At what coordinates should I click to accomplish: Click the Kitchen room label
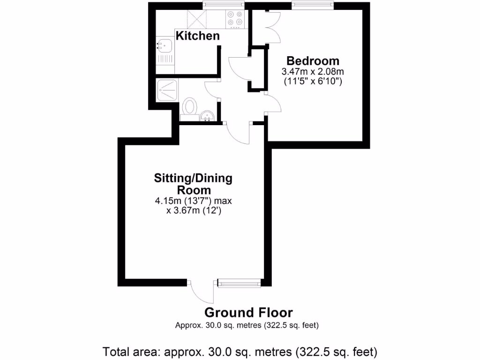[x=197, y=36]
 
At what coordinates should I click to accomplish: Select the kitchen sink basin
[x=165, y=46]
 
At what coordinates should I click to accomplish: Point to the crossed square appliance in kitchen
[x=196, y=19]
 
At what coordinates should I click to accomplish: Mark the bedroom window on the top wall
[x=313, y=5]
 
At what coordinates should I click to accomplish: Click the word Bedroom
[x=313, y=61]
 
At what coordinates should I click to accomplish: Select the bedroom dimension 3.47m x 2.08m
[x=313, y=72]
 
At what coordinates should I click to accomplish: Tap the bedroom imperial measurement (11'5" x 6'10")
[x=313, y=81]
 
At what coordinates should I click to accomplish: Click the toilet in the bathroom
[x=189, y=106]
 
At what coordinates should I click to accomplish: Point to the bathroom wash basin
[x=207, y=115]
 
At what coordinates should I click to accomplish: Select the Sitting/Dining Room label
[x=193, y=184]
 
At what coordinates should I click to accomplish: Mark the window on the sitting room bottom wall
[x=240, y=283]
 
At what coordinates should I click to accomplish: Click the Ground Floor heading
[x=248, y=313]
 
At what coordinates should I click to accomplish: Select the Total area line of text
[x=240, y=350]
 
